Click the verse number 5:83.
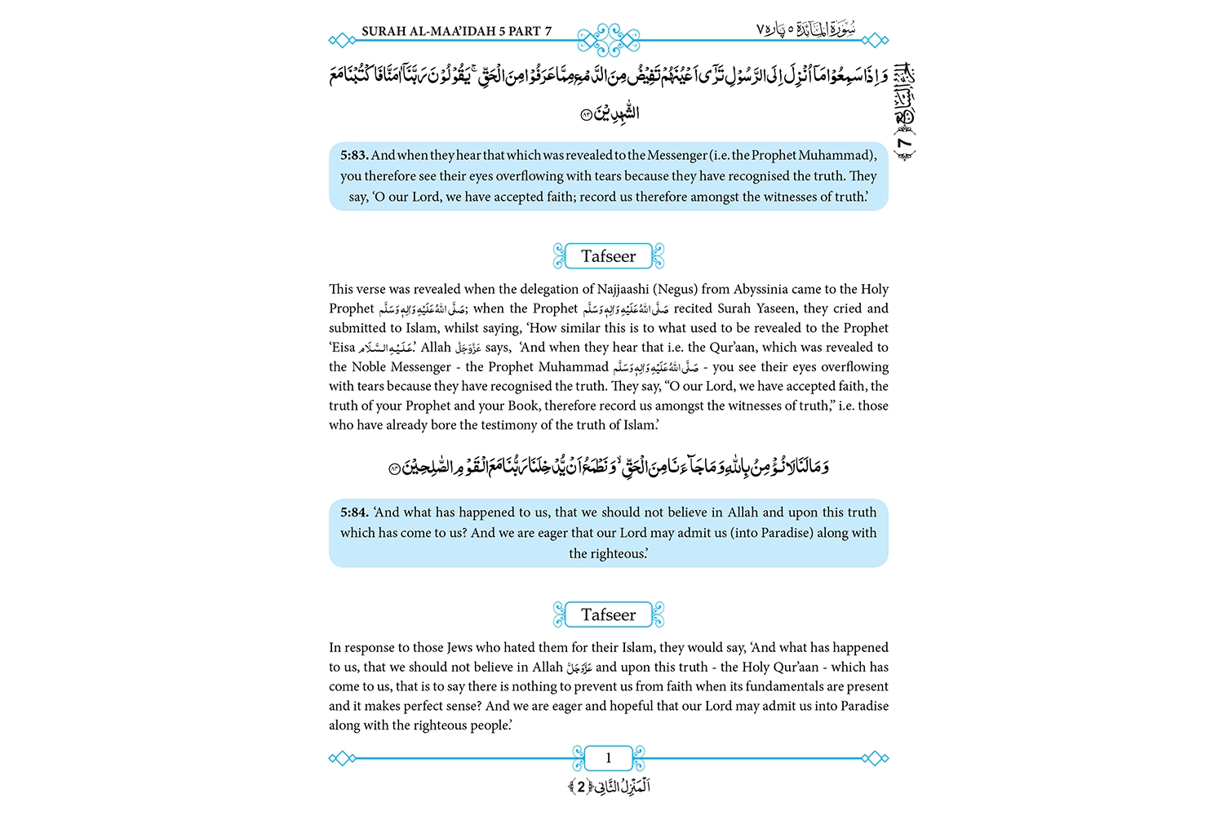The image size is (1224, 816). point(354,155)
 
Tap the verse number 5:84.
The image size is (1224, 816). point(354,512)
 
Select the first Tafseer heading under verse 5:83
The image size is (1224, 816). point(608,256)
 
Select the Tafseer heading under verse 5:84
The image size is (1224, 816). point(608,614)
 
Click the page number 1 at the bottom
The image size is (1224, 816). point(608,758)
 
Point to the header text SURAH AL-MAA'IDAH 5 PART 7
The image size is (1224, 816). point(456,32)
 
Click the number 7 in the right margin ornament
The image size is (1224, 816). point(904,144)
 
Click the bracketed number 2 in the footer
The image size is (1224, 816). point(581,787)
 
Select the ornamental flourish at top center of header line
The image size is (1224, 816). point(608,39)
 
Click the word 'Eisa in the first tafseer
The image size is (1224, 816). point(343,348)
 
